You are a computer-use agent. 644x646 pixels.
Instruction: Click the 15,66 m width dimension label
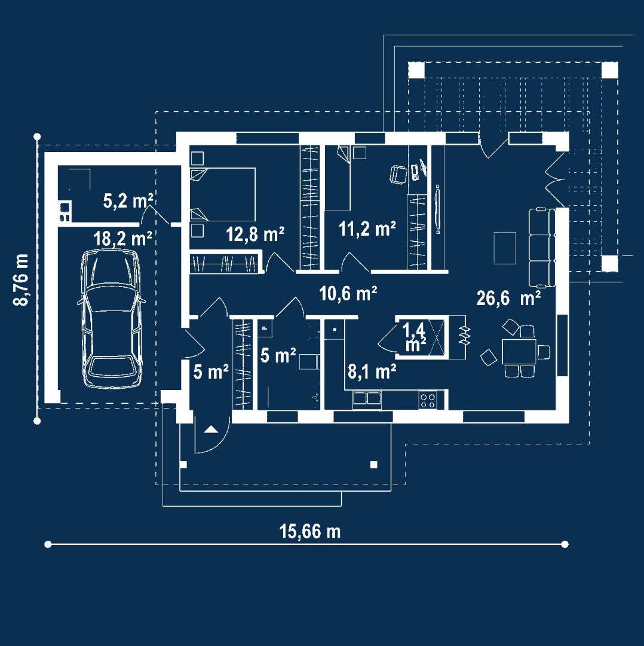pyautogui.click(x=309, y=531)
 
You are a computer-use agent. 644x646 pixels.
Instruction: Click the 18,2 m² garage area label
pyautogui.click(x=122, y=238)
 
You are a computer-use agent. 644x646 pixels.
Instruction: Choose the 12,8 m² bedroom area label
pyautogui.click(x=254, y=234)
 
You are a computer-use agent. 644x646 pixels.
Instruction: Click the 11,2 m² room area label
pyautogui.click(x=367, y=228)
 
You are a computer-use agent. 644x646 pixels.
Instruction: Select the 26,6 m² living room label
pyautogui.click(x=509, y=297)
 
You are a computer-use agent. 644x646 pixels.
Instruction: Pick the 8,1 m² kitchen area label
pyautogui.click(x=372, y=372)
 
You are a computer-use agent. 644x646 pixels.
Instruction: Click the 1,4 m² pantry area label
pyautogui.click(x=415, y=337)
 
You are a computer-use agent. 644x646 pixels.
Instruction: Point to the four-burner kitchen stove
pyautogui.click(x=427, y=399)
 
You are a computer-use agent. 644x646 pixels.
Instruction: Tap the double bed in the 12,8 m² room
pyautogui.click(x=223, y=194)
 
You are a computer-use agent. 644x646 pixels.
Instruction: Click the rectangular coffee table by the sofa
pyautogui.click(x=504, y=248)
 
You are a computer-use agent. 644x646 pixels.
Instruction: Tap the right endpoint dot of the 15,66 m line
pyautogui.click(x=565, y=544)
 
